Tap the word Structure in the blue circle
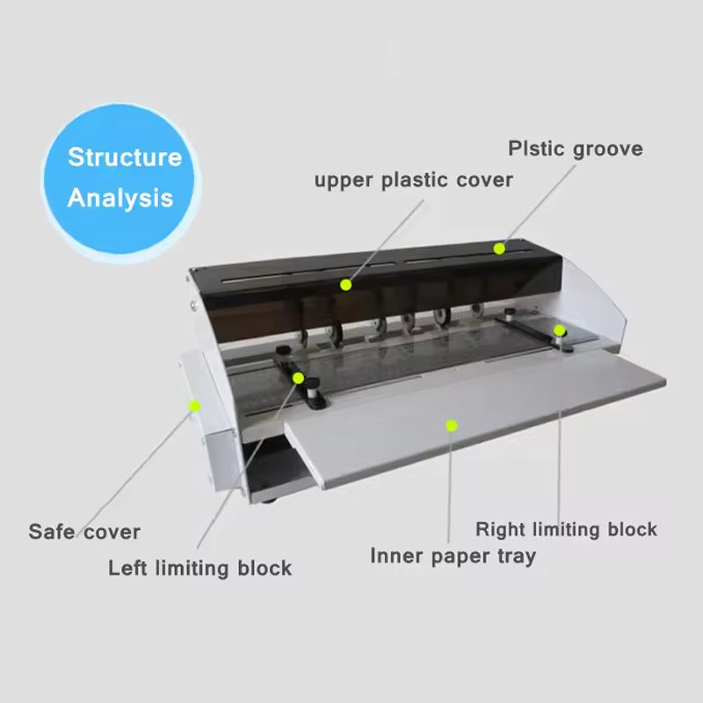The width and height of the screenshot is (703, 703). [125, 158]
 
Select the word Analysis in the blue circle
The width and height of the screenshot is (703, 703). [120, 198]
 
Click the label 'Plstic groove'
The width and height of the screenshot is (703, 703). [575, 149]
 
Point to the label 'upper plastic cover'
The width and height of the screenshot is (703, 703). [414, 180]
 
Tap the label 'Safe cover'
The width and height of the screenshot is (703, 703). [84, 532]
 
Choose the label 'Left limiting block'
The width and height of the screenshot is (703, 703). [199, 568]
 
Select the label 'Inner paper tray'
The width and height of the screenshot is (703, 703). [453, 555]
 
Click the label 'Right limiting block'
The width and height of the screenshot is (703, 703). [566, 529]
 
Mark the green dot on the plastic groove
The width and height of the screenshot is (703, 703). [499, 249]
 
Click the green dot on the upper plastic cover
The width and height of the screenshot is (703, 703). [346, 285]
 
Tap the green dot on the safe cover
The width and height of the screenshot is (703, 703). [194, 405]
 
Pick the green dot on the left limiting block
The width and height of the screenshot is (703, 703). [299, 378]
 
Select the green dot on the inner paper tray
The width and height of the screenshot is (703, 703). [451, 425]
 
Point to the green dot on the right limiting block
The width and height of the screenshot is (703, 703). [559, 330]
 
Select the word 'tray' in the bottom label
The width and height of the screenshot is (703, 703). [516, 555]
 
